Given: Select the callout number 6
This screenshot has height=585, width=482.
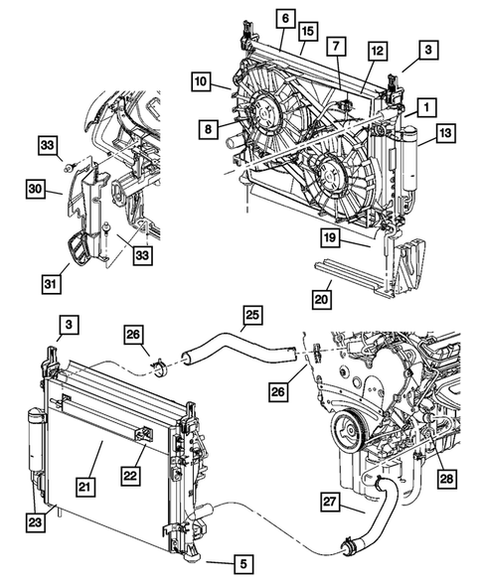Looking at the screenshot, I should pos(284,18).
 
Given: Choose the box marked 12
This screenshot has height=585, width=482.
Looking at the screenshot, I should pos(377,50).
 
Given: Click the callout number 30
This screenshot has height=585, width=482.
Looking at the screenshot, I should pos(37,187).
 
